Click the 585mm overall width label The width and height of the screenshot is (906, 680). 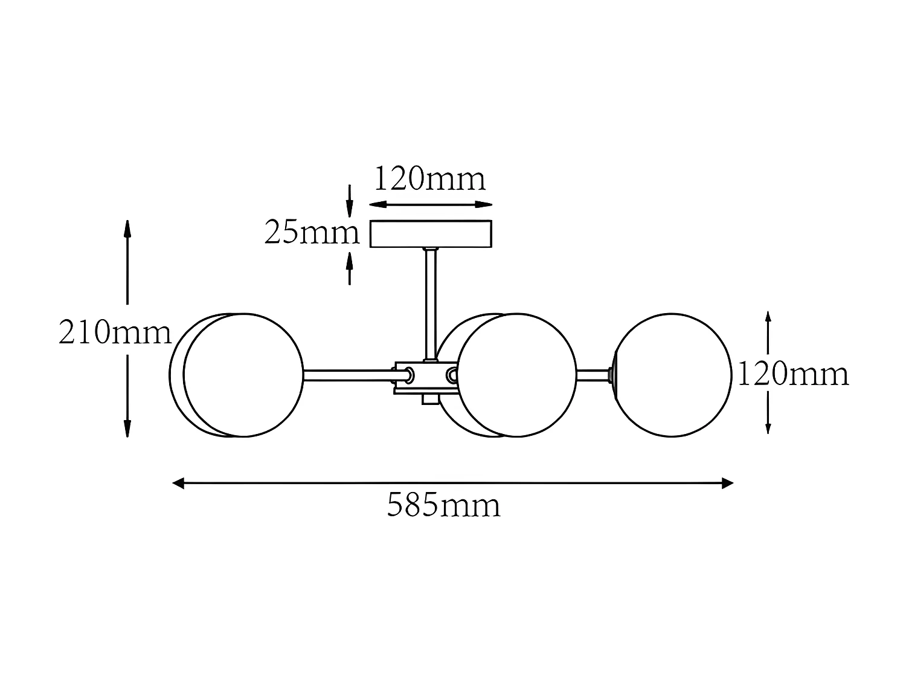click(x=444, y=505)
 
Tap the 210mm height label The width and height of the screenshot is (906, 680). click(x=115, y=333)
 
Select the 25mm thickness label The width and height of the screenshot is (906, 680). click(x=312, y=233)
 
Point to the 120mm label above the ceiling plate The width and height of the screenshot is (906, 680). click(x=430, y=179)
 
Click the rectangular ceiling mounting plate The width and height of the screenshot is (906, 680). click(x=431, y=234)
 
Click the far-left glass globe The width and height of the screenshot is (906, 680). click(x=242, y=375)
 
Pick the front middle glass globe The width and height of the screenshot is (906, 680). click(x=517, y=375)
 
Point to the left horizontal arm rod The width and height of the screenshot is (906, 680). click(x=347, y=375)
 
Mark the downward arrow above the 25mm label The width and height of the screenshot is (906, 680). click(x=349, y=206)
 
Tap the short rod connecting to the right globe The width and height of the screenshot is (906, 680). click(x=593, y=375)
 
